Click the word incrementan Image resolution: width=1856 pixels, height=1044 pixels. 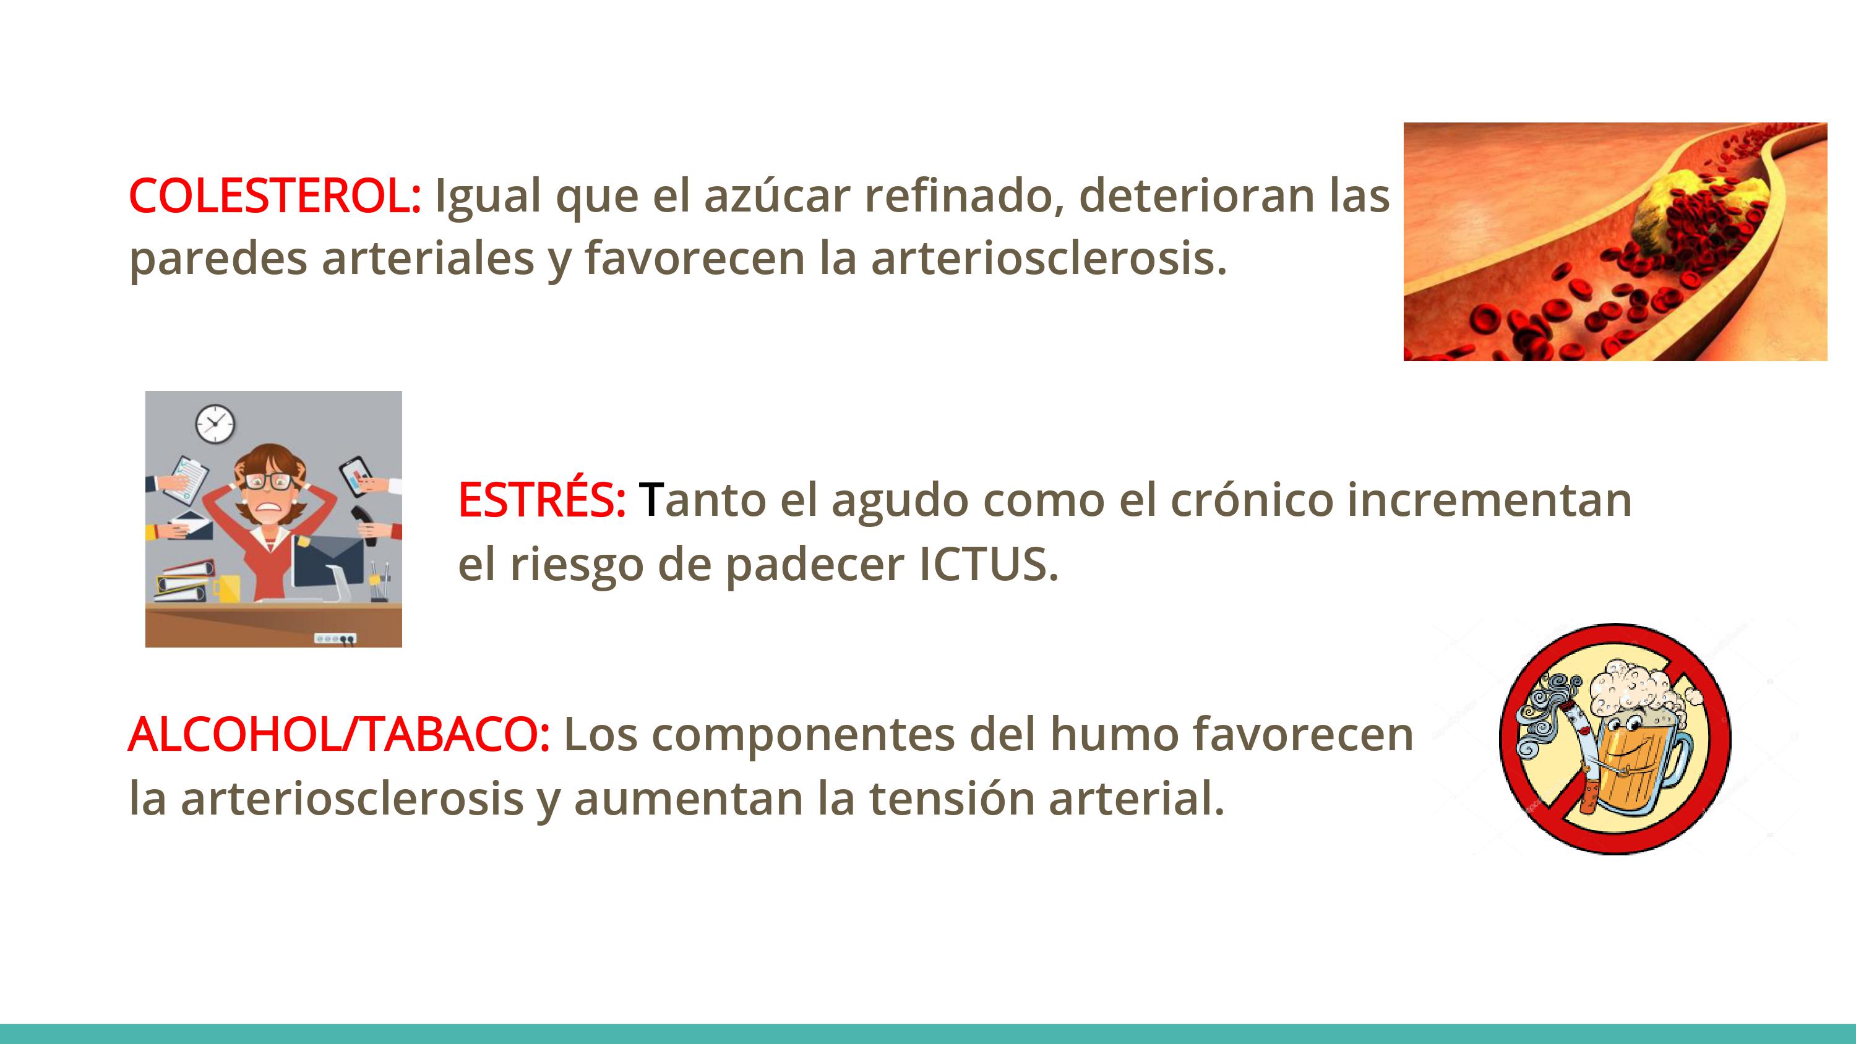click(x=1490, y=498)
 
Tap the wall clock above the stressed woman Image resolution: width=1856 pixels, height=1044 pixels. click(x=215, y=424)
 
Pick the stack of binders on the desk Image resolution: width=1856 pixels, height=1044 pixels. click(x=185, y=581)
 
